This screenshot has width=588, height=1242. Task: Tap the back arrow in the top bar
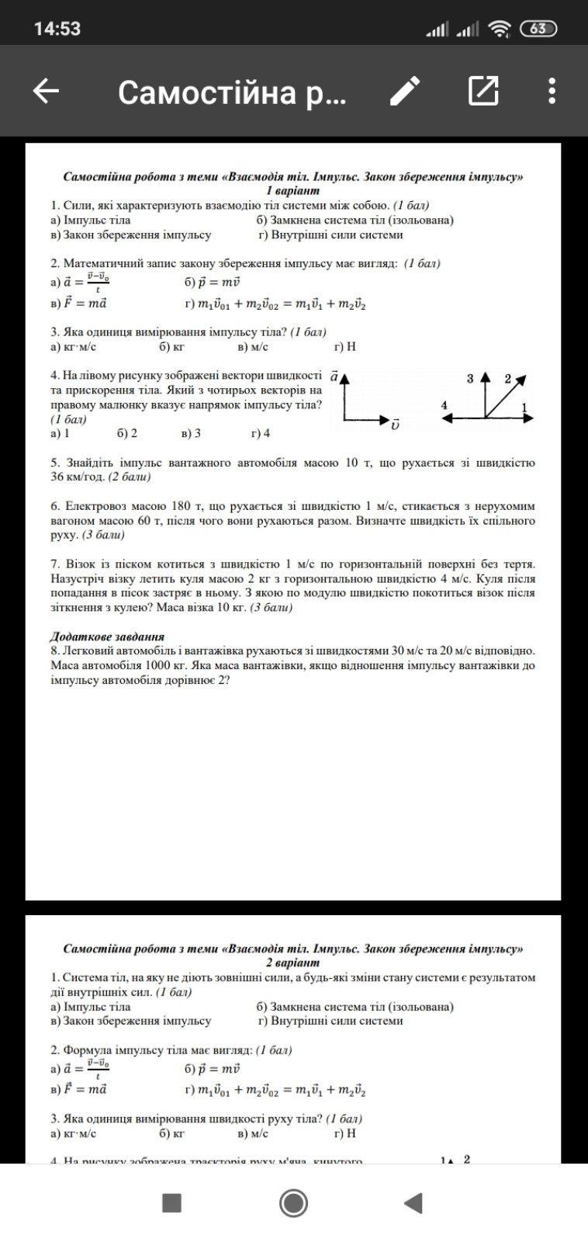(x=46, y=92)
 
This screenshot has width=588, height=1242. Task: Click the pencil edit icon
(x=405, y=92)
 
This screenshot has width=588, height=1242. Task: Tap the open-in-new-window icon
(x=483, y=92)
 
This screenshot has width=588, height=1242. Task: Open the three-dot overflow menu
(x=552, y=92)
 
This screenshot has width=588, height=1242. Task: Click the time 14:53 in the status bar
(x=57, y=29)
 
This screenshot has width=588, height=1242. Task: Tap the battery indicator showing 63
(x=538, y=29)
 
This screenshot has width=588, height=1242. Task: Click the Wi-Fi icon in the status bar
(x=500, y=29)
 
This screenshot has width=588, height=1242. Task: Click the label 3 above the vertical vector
(x=470, y=379)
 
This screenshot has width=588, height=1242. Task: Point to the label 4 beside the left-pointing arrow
(x=444, y=405)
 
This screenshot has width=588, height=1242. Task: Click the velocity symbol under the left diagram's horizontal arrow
(x=396, y=425)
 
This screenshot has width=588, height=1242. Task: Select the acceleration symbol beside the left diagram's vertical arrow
(x=334, y=376)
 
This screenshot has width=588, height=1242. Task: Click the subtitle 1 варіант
(x=292, y=190)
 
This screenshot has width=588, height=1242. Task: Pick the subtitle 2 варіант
(x=292, y=963)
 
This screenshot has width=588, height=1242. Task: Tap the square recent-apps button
(x=171, y=1203)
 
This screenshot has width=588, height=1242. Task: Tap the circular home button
(x=293, y=1203)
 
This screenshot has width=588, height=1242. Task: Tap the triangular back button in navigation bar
(x=413, y=1203)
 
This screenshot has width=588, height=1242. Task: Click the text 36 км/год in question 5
(x=78, y=477)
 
